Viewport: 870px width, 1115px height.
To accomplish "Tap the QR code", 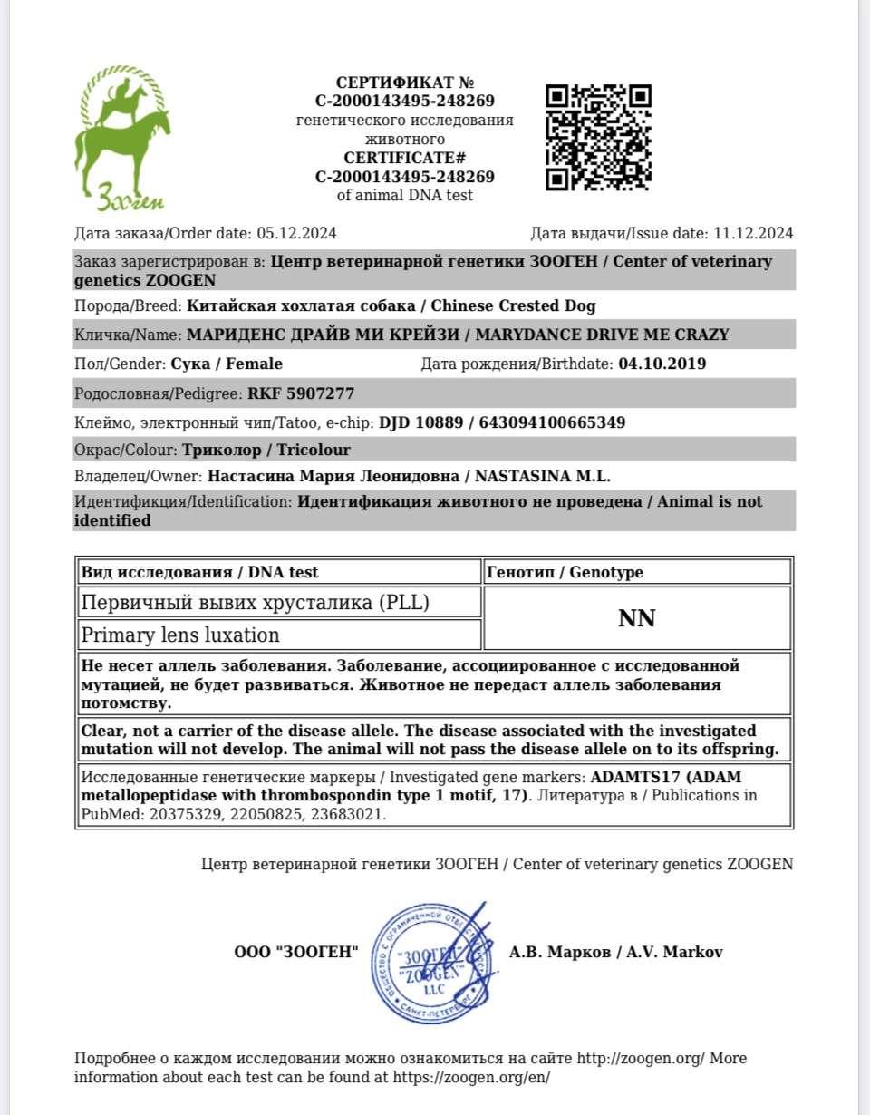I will coord(599,137).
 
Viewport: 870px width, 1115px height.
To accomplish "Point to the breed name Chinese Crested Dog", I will coord(521,305).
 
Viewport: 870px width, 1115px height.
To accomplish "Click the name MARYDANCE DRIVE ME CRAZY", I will coord(602,334).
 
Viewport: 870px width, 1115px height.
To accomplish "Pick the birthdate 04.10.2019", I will coord(662,364).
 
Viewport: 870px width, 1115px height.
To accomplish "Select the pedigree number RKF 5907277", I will coord(301,393).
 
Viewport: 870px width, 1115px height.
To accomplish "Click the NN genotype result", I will coord(636,618).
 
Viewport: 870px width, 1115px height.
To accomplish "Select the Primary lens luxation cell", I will coord(181,635).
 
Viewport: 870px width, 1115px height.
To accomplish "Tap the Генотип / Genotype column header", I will coord(565,572).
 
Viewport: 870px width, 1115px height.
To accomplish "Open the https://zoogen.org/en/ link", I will coord(471,1078).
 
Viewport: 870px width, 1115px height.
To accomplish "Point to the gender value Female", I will coord(256,364).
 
